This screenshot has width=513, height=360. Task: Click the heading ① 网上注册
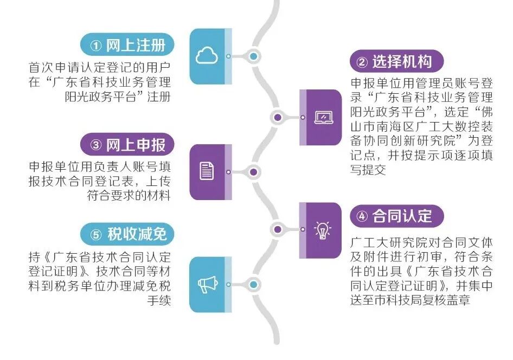coord(127,45)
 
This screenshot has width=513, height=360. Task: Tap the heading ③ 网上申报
coord(127,145)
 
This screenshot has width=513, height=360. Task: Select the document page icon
coord(207,172)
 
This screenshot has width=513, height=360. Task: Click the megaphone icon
coord(207,284)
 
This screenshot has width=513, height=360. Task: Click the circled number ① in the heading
coord(96,46)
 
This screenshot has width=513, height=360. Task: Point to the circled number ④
coord(362,217)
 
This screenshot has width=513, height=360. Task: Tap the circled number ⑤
coord(96,235)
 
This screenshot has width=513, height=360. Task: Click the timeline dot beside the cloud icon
coord(253,56)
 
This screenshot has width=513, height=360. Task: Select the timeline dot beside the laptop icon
coord(278,117)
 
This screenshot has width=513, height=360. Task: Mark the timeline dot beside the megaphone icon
coord(253,285)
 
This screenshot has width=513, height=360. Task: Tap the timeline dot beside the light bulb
coord(278,230)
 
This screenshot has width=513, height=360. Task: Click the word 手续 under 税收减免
coord(159,300)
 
